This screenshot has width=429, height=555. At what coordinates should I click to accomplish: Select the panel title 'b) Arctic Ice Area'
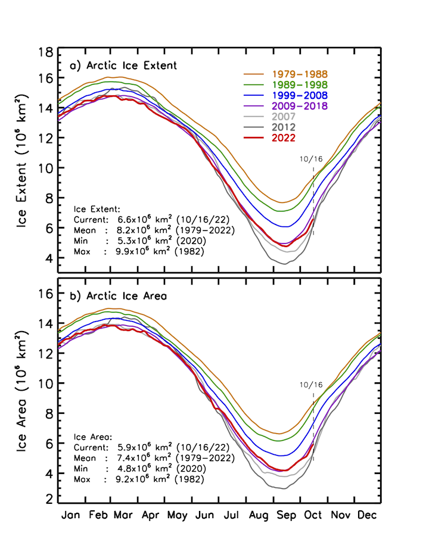(119, 295)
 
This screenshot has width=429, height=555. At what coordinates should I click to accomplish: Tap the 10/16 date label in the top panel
(311, 159)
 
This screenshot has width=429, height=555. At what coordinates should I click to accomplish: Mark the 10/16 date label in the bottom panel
(311, 385)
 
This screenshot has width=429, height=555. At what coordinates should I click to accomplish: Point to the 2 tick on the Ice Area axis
(50, 498)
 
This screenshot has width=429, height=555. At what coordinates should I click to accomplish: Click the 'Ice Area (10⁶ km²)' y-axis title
(24, 391)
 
